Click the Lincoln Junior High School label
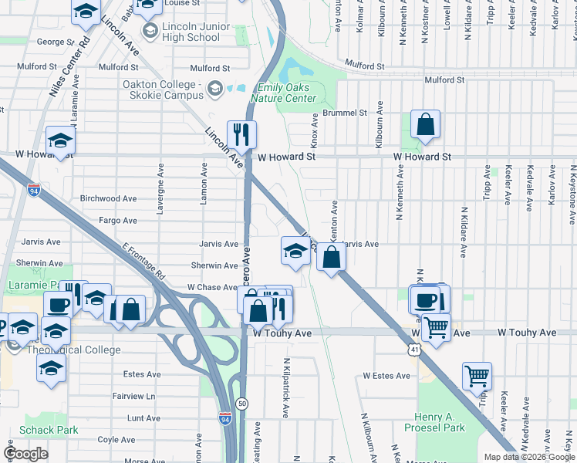pos(191,32)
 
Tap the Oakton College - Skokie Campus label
pos(161,89)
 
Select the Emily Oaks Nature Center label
pos(286,93)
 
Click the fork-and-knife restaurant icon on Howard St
pos(241,134)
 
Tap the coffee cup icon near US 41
pos(424,299)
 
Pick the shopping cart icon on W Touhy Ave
pos(437,328)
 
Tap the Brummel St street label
pos(345,113)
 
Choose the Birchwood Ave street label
pos(110,198)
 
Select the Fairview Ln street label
pos(133,396)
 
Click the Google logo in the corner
pos(25,453)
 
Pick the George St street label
pos(55,42)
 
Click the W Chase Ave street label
pos(212,287)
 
